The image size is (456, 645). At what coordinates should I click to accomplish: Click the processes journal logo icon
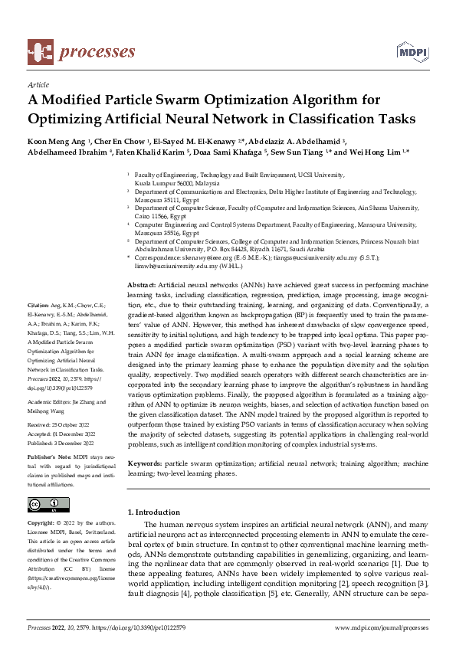click(39, 51)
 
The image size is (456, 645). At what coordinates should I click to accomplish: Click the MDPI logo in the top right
click(411, 51)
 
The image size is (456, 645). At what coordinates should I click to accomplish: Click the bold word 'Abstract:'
click(141, 284)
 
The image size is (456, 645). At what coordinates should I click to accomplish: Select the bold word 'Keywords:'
click(145, 463)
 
